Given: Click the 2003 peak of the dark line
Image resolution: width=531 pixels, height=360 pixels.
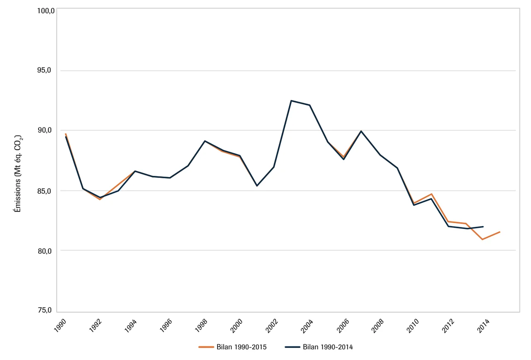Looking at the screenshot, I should [x=291, y=101].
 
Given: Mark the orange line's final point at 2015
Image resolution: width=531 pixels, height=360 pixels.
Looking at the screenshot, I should [x=500, y=232].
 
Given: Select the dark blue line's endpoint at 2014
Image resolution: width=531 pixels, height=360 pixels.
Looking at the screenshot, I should [x=483, y=227].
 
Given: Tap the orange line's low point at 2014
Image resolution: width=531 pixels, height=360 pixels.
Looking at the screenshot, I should [x=482, y=239].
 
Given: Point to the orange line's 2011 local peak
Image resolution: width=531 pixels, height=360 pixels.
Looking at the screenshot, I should [x=431, y=194].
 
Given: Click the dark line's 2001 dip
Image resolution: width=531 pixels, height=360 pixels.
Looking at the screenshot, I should [x=257, y=185].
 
